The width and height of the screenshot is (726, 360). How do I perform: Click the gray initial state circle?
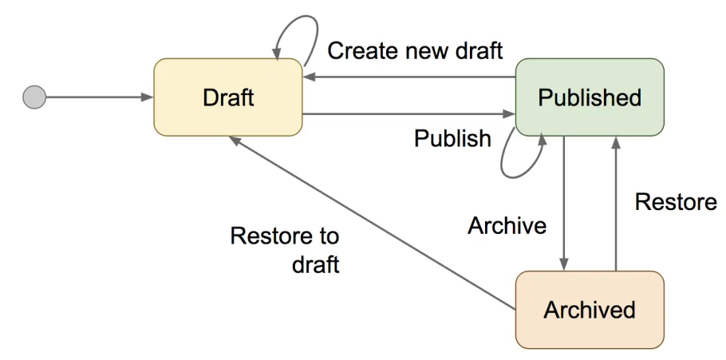tap(34, 97)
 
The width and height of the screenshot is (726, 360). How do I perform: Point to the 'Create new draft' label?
tap(415, 51)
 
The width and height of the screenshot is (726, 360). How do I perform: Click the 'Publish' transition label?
tap(452, 138)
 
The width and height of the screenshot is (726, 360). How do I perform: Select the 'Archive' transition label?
tap(507, 226)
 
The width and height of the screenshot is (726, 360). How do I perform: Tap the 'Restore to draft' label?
tap(285, 250)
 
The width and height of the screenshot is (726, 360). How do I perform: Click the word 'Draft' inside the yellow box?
tap(227, 97)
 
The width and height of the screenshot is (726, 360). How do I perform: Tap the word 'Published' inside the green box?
tap(590, 97)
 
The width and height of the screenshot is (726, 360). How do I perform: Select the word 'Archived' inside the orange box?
tap(590, 310)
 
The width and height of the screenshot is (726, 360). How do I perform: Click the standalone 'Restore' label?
tap(675, 202)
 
